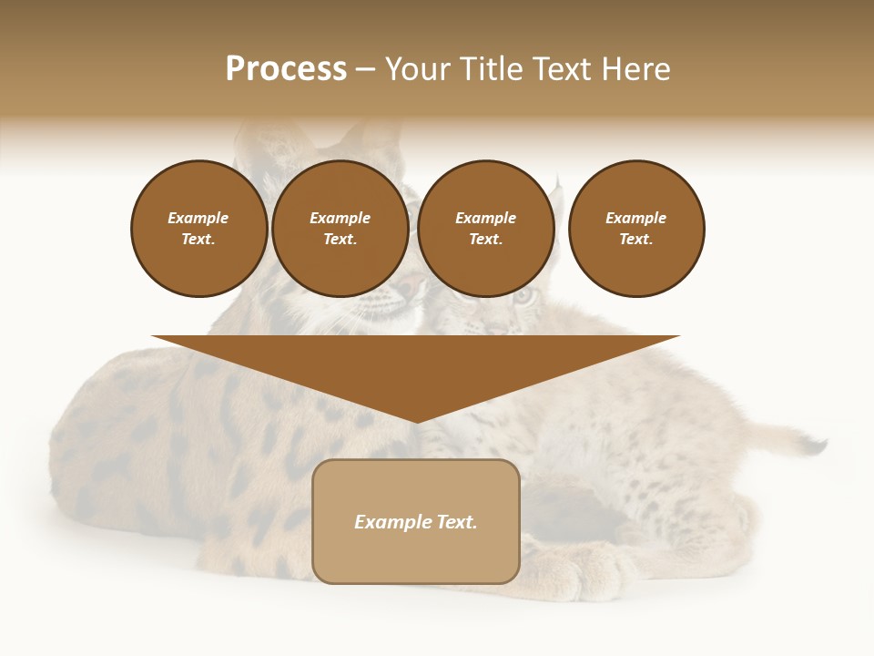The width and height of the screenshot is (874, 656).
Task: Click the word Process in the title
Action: (286, 69)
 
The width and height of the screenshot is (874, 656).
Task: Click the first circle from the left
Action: (198, 229)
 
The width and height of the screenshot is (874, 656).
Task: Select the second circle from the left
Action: (340, 229)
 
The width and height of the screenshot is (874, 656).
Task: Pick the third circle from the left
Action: (485, 229)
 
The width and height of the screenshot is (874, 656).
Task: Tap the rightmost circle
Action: (635, 229)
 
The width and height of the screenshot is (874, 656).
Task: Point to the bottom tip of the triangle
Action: (416, 421)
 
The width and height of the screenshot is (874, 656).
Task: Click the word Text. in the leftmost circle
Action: (198, 240)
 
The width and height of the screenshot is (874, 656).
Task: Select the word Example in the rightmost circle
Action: (635, 218)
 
